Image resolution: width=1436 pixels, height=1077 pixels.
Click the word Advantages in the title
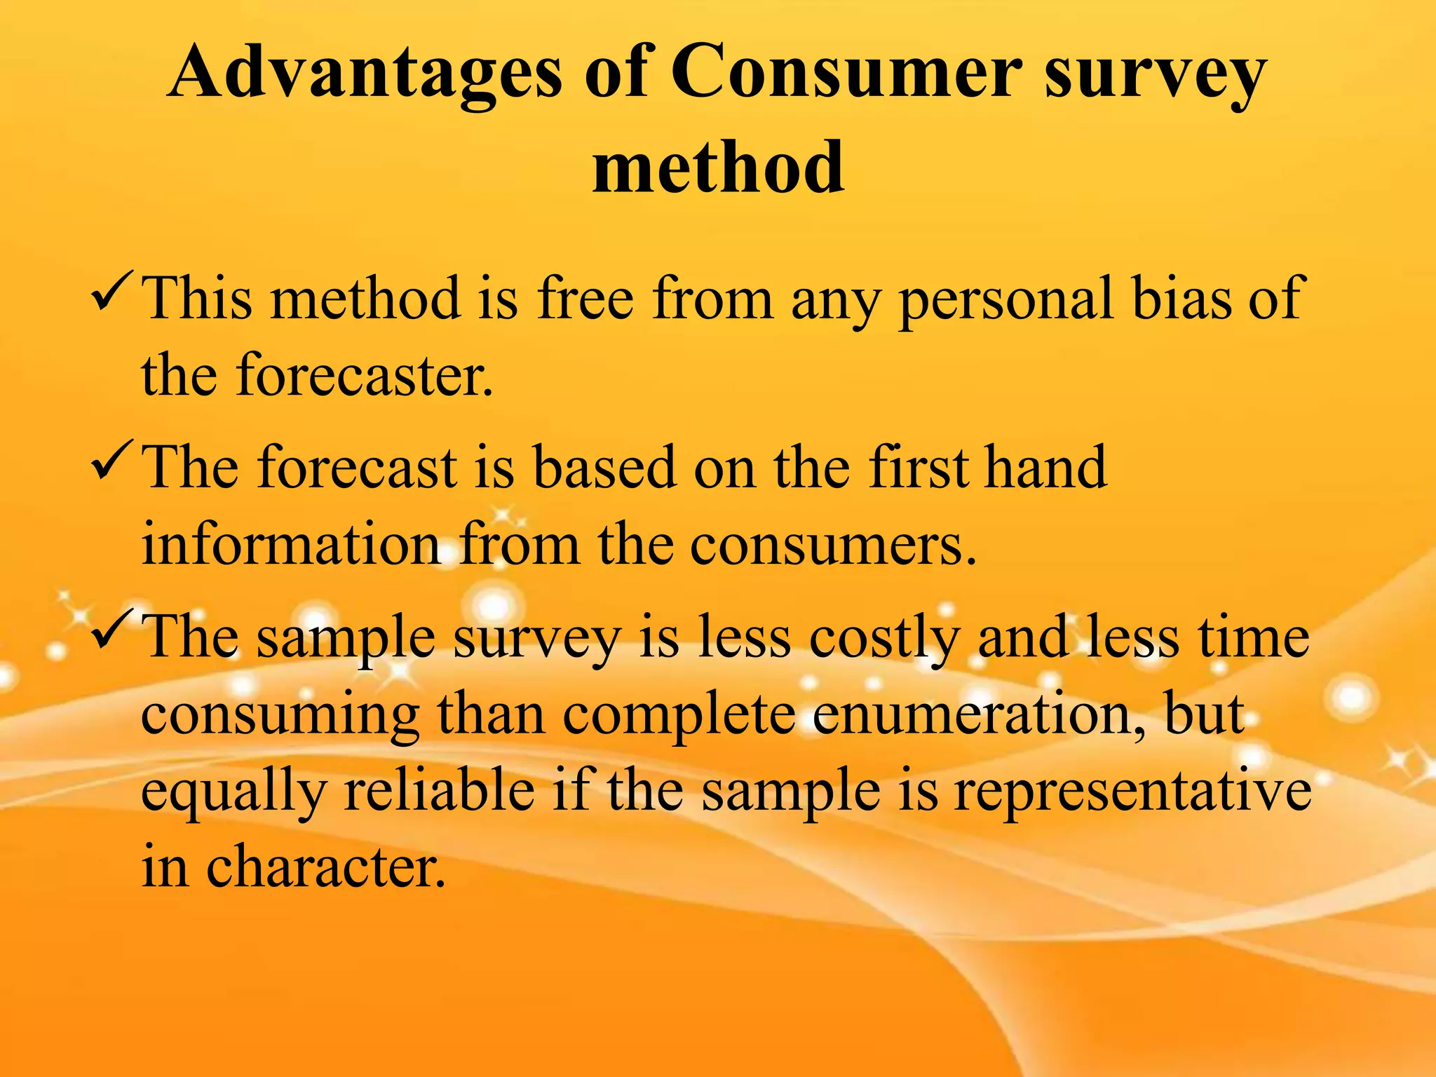pos(365,74)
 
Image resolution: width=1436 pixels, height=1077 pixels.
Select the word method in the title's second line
pos(718,168)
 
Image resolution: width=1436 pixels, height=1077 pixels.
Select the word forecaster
pos(364,376)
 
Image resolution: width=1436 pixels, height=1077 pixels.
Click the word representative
pos(1132,792)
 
